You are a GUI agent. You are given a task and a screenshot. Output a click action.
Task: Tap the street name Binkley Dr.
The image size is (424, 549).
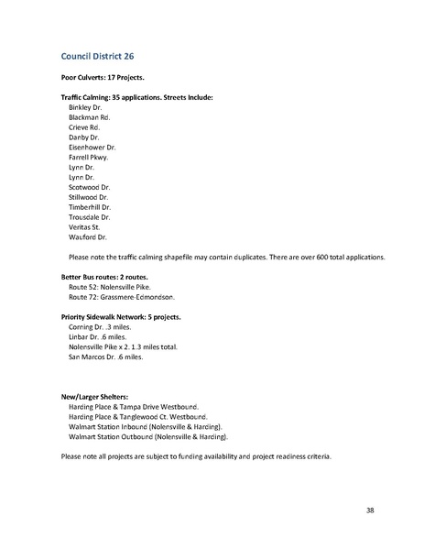(85, 107)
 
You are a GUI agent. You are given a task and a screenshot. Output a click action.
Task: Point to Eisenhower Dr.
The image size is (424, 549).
(92, 146)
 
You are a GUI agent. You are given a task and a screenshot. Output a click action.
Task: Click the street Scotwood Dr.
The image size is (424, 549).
(90, 184)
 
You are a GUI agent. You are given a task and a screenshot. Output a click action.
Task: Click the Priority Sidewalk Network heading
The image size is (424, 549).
(122, 317)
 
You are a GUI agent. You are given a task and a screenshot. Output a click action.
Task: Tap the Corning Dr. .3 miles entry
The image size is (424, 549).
(103, 327)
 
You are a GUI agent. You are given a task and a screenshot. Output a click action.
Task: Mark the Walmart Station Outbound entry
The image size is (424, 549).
(147, 437)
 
